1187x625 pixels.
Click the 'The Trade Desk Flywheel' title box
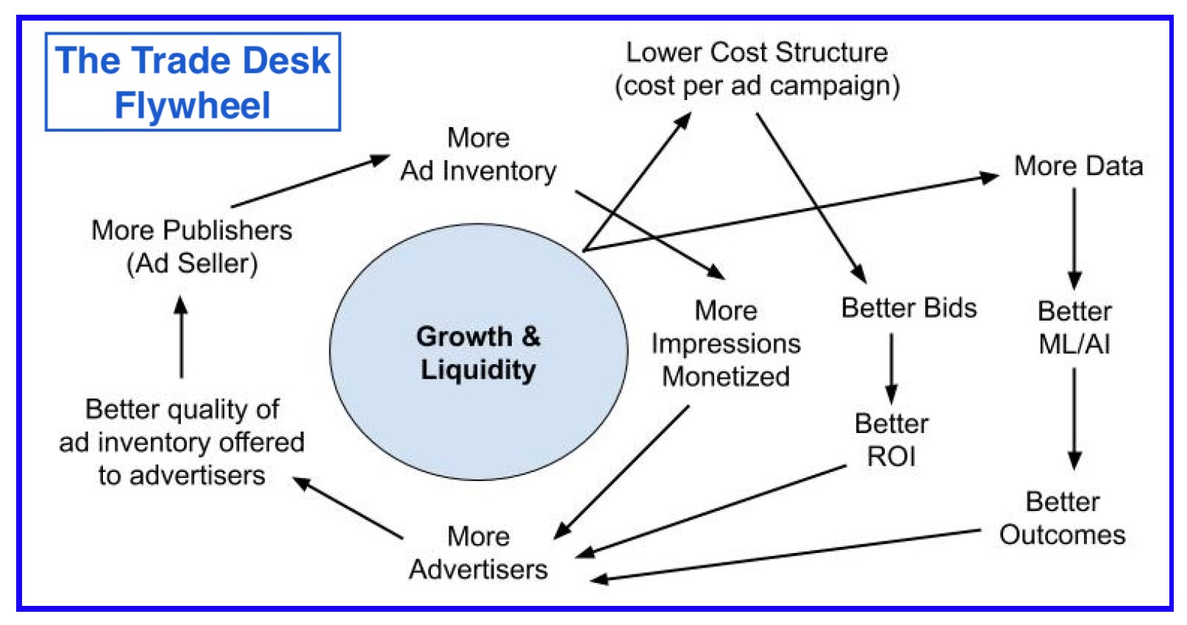click(x=193, y=82)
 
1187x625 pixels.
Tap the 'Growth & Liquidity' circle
click(x=478, y=352)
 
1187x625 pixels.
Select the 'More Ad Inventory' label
click(x=478, y=154)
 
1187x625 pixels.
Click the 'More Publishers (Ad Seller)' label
click(x=191, y=246)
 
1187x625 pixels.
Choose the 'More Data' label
click(x=1078, y=166)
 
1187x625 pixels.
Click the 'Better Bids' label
click(x=909, y=308)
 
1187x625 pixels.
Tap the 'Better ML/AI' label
click(x=1074, y=327)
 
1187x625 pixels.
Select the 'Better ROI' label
click(x=891, y=440)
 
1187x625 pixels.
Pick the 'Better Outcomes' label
click(x=1062, y=518)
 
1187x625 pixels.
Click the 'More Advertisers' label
click(x=478, y=553)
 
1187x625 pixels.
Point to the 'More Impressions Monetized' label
click(x=726, y=343)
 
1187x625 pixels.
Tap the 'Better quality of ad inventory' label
click(x=182, y=442)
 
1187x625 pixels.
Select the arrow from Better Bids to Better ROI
click(x=891, y=368)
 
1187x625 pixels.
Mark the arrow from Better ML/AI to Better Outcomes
click(x=1074, y=418)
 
